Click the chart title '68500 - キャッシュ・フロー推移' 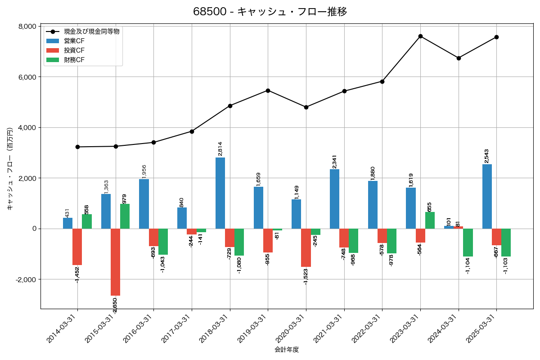(x=270, y=12)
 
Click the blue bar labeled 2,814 (x=220, y=193)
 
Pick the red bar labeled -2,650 (x=115, y=262)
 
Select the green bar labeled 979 (x=125, y=216)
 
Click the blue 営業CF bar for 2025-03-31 (x=487, y=197)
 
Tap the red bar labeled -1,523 (x=306, y=247)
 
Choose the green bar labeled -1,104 (x=468, y=243)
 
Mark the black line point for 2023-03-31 (x=420, y=36)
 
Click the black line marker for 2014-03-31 (x=77, y=147)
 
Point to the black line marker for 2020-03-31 (x=306, y=107)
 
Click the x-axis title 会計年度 (x=287, y=349)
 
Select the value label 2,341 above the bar (x=334, y=162)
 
